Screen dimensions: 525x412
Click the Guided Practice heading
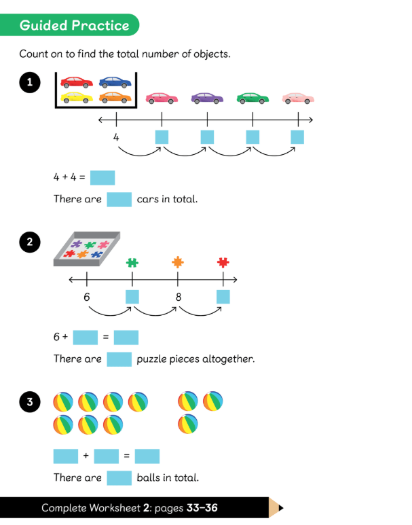[74, 26]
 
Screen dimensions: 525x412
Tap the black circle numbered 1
[30, 83]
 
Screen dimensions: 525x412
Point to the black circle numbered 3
[30, 402]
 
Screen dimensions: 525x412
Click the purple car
[207, 98]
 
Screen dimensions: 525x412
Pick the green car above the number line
[252, 98]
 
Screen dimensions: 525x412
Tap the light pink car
[298, 98]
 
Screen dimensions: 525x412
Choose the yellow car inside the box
[77, 98]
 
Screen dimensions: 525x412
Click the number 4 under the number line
[116, 137]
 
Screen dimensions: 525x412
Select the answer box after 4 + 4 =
[102, 178]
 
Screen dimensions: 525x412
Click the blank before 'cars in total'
[119, 200]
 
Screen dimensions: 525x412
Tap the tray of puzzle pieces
[87, 249]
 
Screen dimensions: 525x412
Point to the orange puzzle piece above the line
[178, 261]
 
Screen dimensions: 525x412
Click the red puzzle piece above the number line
[223, 261]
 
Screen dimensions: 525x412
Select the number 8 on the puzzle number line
[178, 296]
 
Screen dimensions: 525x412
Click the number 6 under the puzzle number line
[87, 296]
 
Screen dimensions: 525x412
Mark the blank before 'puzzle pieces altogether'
[119, 359]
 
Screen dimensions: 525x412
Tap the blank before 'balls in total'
[119, 477]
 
